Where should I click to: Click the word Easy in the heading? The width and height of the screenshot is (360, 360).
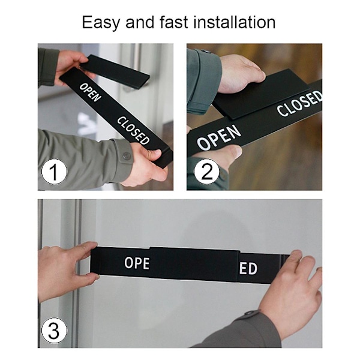pos(101,23)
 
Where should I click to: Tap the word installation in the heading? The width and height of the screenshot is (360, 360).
pos(235,22)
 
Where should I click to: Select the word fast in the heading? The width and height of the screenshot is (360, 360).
pos(174,22)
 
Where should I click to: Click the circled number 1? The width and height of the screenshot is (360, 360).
pos(54,172)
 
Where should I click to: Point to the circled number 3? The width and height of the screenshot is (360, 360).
pos(54,331)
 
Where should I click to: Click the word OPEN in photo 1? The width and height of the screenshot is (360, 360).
pos(90,92)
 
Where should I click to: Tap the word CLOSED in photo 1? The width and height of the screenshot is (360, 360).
pos(133,131)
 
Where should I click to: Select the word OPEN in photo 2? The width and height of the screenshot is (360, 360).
pos(219,137)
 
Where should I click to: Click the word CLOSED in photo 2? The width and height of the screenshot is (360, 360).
pos(299,103)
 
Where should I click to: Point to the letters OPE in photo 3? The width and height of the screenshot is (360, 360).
pos(137,263)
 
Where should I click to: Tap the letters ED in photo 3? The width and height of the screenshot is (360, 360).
pos(248,268)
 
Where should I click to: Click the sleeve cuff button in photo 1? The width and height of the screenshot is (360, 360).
pos(126,156)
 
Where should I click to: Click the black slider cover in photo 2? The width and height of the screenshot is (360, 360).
pos(260,94)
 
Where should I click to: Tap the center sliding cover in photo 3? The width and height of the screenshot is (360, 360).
pos(193,263)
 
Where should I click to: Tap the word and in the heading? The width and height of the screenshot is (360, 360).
pos(140,22)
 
